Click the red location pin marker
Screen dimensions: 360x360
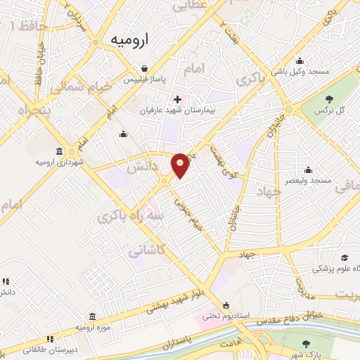coord(181,165)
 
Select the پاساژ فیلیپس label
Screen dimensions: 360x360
coord(144,79)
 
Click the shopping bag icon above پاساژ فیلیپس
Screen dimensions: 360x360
coord(144,69)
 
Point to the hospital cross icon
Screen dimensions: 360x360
coord(177,99)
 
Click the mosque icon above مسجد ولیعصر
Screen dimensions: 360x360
coord(307,169)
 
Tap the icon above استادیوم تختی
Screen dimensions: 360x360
coord(226,305)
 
